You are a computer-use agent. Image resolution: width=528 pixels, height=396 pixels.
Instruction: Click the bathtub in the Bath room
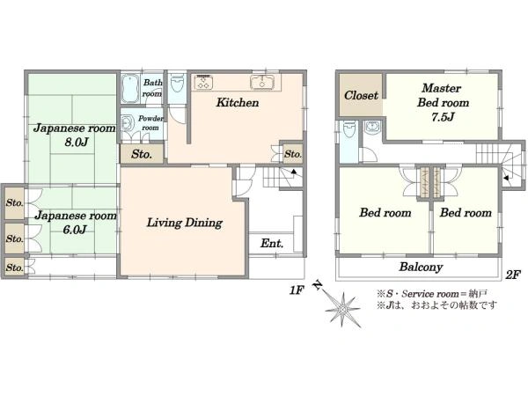point(130,88)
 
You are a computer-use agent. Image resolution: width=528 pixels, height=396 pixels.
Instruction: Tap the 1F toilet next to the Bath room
point(177,84)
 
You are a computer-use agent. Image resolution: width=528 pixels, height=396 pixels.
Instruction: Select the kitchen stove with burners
point(203,82)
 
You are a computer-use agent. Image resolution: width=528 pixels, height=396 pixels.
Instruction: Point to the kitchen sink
point(262,82)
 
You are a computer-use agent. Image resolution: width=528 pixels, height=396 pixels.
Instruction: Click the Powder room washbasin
point(127,123)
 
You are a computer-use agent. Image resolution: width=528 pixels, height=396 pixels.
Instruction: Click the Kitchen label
point(238,102)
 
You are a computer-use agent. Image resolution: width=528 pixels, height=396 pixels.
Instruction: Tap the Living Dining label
point(185,223)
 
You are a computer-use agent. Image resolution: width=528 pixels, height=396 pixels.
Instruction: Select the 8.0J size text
point(76,142)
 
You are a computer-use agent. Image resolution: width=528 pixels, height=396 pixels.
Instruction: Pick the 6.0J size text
point(75,230)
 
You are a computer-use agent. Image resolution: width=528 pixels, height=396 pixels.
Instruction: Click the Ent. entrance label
point(271,243)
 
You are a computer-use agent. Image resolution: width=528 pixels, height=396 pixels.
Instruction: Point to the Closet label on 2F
point(361,95)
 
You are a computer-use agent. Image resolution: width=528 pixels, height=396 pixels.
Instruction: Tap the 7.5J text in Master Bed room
point(443,116)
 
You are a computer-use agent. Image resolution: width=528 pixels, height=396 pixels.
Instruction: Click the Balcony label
point(421,267)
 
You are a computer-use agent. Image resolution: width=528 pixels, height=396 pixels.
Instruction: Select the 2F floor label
point(513,275)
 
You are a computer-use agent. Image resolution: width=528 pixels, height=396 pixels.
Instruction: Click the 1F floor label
point(297,290)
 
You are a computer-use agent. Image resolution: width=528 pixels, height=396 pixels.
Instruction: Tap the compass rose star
point(343,309)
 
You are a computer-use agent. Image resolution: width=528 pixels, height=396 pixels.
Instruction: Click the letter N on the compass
point(317,285)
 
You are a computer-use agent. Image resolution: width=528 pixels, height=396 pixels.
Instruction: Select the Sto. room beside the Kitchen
point(292,154)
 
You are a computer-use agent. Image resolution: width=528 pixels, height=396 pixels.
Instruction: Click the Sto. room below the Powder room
point(142,154)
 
